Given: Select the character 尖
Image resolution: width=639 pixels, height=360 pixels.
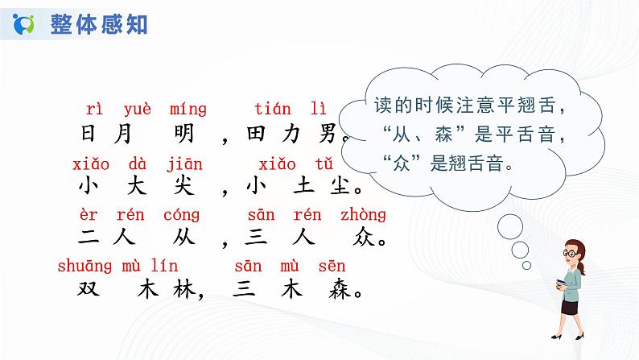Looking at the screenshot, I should coord(184,186).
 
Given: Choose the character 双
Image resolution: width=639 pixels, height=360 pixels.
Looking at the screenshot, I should coord(91,288).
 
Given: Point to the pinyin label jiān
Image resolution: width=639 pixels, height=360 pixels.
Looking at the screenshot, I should coord(184,164).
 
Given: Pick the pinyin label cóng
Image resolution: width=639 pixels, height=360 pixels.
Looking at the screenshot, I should coord(184,215).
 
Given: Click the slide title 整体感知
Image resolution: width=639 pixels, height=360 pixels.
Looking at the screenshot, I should coord(99,24).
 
